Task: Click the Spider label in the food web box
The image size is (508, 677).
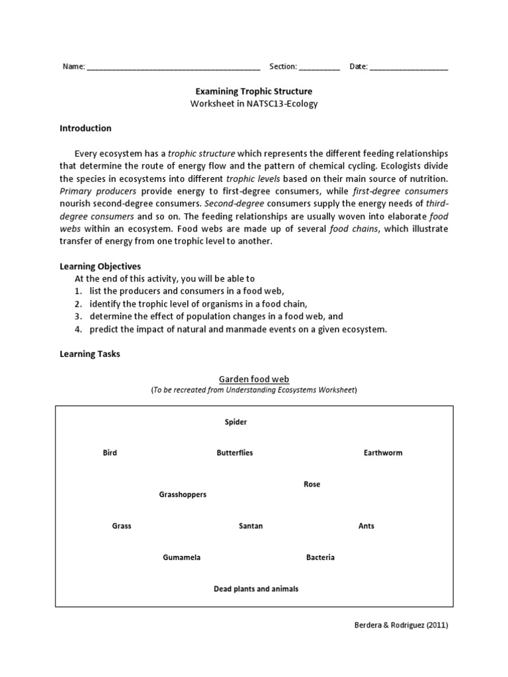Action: pos(235,422)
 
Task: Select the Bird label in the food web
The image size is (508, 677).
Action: pos(110,453)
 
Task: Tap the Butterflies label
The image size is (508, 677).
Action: pos(235,453)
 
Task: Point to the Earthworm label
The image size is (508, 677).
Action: pos(383,453)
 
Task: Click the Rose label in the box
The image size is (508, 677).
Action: pos(312,485)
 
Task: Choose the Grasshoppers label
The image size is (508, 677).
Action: pos(183,495)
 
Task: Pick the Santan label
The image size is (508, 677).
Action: pos(251,526)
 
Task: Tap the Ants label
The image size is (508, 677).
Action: pos(366,526)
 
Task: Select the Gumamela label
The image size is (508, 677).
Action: pos(181,557)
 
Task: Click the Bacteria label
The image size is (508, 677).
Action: pos(320,557)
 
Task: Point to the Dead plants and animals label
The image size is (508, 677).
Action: pos(256,588)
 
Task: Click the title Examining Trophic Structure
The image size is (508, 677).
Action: pos(254,91)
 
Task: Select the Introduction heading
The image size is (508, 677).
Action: pos(85,128)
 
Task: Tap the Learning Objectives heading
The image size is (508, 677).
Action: pos(100,266)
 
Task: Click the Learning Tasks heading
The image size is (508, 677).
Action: pos(90,354)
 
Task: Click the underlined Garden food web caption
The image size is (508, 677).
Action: pos(254,379)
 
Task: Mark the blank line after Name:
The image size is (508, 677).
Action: pos(173,67)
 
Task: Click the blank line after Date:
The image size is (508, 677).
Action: pos(408,67)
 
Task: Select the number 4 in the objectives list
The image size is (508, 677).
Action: pos(77,329)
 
